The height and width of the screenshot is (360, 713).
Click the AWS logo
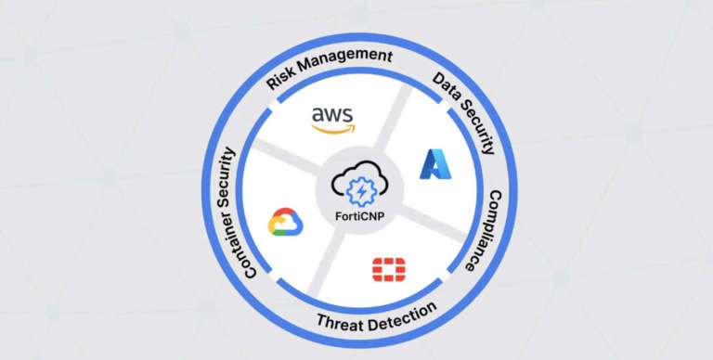click(x=331, y=118)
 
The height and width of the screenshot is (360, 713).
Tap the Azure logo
click(x=434, y=163)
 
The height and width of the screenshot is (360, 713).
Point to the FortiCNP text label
click(x=358, y=218)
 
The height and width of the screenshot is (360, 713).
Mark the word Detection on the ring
click(x=398, y=314)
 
